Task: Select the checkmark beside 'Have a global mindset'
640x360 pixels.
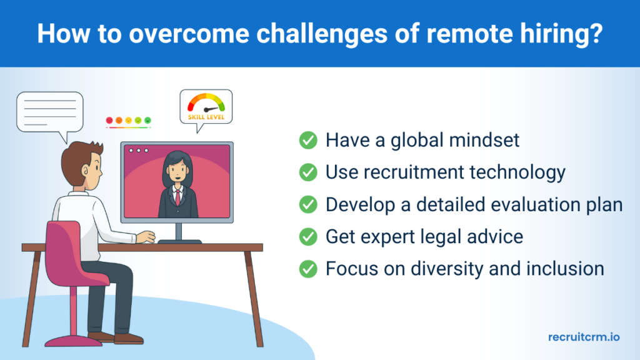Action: point(308,141)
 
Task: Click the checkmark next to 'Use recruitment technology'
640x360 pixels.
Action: point(308,172)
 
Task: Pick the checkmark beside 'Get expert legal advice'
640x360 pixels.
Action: point(308,237)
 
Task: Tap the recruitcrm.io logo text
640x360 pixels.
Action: point(584,337)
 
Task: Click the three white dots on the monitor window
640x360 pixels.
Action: point(137,151)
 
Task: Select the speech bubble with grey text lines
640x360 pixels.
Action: point(50,112)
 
